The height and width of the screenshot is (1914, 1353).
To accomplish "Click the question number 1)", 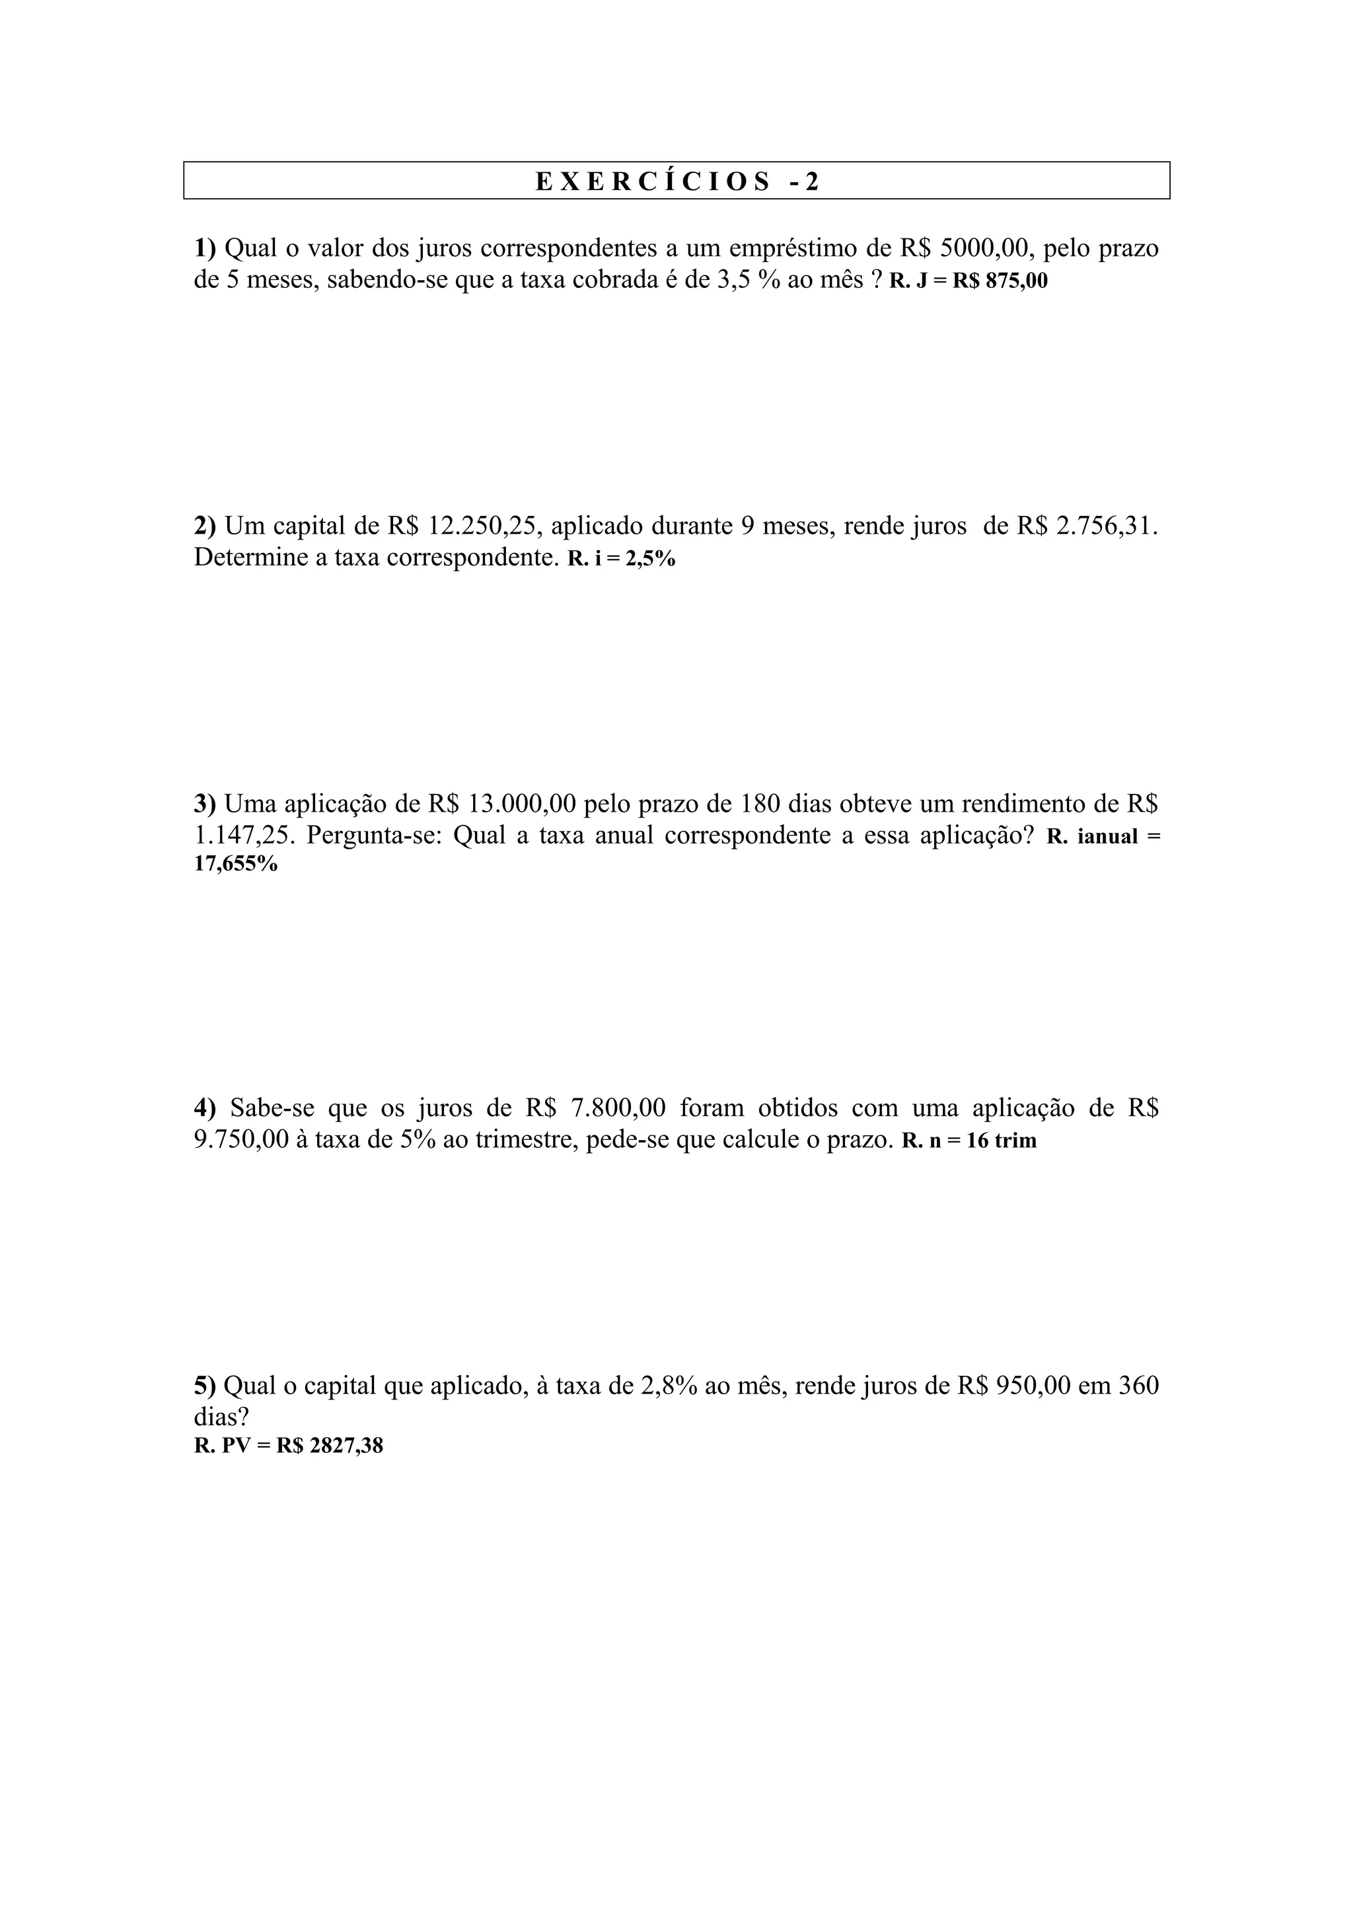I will (x=204, y=248).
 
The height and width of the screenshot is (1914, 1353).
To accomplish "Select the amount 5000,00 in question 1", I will (x=986, y=248).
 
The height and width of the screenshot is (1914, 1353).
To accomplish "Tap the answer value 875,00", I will (x=1016, y=281).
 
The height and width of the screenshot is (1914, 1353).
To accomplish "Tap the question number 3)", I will (x=204, y=804).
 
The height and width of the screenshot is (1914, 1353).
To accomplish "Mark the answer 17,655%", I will (x=235, y=864).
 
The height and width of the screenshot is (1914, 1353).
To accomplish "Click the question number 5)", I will (x=204, y=1386).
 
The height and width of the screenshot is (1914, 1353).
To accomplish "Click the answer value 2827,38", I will (x=346, y=1446).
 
